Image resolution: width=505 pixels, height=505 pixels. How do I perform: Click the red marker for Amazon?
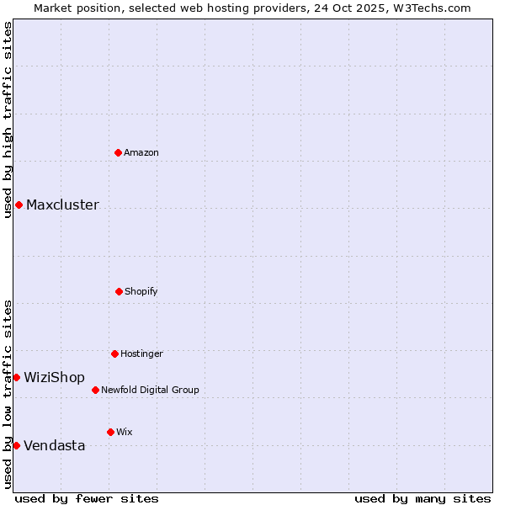(119, 152)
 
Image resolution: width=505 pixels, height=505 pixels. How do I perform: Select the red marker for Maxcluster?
(19, 205)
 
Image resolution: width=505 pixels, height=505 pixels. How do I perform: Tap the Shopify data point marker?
(120, 291)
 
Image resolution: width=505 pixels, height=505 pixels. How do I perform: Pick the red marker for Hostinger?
(115, 353)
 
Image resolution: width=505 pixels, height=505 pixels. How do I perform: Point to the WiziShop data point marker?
(16, 377)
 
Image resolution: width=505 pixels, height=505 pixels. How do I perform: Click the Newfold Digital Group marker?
(96, 390)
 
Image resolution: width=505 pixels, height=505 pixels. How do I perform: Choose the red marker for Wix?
(110, 432)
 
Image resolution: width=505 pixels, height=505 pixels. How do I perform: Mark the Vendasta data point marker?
(16, 445)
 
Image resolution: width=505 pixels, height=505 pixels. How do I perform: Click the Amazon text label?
(141, 152)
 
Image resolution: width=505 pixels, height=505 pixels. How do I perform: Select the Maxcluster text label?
(62, 205)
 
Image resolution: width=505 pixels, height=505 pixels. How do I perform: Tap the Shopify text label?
(141, 291)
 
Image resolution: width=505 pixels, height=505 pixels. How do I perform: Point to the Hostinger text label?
(141, 353)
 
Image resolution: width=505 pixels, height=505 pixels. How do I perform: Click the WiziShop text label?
(54, 377)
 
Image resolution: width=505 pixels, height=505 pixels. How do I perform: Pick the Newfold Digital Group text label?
(150, 390)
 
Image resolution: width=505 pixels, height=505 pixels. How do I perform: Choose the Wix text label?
(125, 432)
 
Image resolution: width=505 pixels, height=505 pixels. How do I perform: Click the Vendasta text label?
(54, 445)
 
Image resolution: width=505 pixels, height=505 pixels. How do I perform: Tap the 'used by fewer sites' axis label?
(87, 498)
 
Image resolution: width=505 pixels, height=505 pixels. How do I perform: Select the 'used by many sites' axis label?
(423, 498)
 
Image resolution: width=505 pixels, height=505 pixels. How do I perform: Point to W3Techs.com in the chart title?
(430, 8)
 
